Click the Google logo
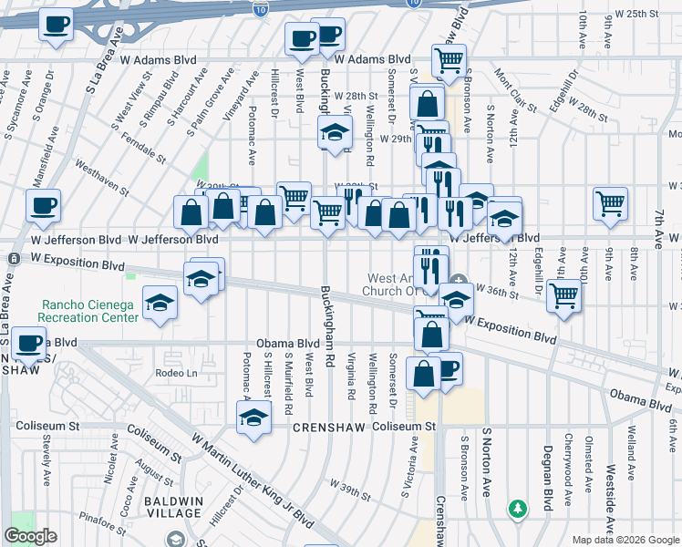click(31, 537)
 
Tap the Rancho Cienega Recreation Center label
click(89, 311)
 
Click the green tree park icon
click(518, 508)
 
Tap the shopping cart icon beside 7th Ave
click(611, 205)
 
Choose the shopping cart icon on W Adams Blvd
click(449, 60)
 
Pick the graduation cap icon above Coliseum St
click(253, 418)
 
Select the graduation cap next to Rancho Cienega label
click(160, 304)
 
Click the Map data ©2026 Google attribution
click(625, 540)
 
